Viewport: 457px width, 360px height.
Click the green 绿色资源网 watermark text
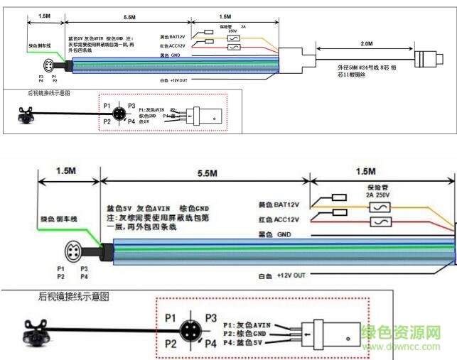coord(411,332)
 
